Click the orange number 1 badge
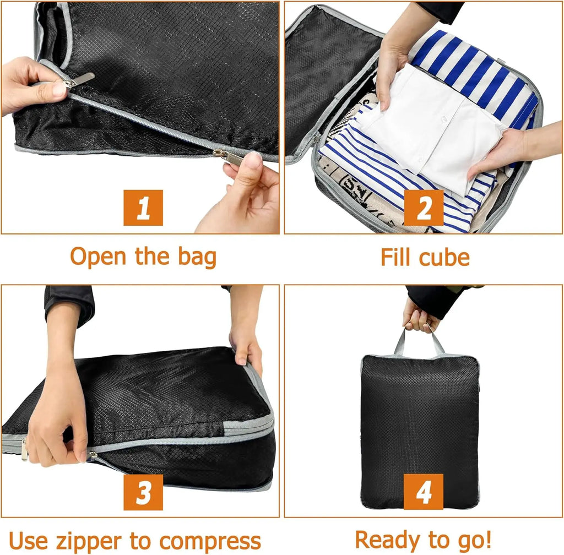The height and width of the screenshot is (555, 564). [143, 208]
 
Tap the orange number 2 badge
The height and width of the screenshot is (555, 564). [424, 208]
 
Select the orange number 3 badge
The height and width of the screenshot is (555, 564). [143, 492]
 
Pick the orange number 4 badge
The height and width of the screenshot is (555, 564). [423, 492]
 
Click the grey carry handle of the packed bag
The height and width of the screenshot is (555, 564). [419, 341]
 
